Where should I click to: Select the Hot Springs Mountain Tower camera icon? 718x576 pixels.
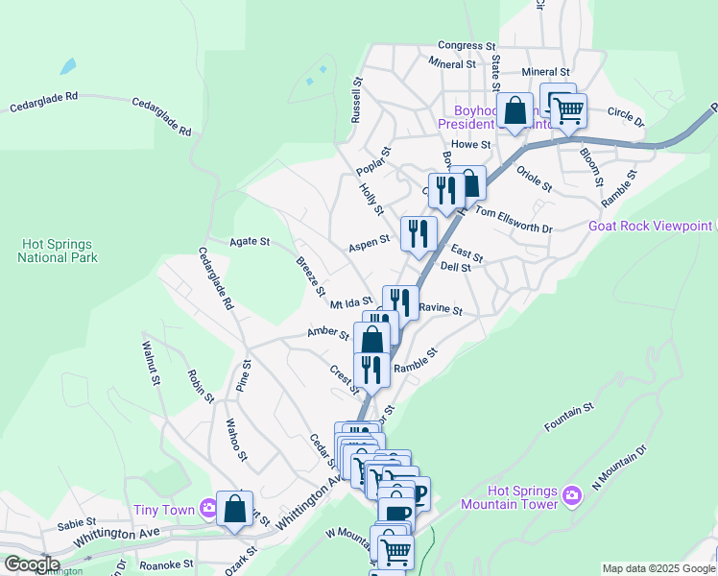pyautogui.click(x=572, y=494)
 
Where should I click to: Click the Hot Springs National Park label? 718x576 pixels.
pyautogui.click(x=57, y=252)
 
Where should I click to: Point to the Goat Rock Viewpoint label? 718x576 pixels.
pyautogui.click(x=651, y=227)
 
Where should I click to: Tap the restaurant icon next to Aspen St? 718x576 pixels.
pyautogui.click(x=419, y=233)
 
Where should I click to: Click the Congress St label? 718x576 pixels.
pyautogui.click(x=466, y=45)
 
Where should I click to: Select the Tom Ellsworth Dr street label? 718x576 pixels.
pyautogui.click(x=514, y=221)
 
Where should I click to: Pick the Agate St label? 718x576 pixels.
pyautogui.click(x=251, y=242)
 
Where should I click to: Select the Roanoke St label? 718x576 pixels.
pyautogui.click(x=166, y=565)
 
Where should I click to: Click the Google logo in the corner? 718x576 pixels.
pyautogui.click(x=32, y=564)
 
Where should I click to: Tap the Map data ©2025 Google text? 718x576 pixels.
pyautogui.click(x=658, y=568)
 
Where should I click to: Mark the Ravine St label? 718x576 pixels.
pyautogui.click(x=441, y=311)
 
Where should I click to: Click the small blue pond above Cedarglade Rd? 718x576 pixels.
pyautogui.click(x=67, y=67)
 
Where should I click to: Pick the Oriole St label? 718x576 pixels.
pyautogui.click(x=534, y=178)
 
